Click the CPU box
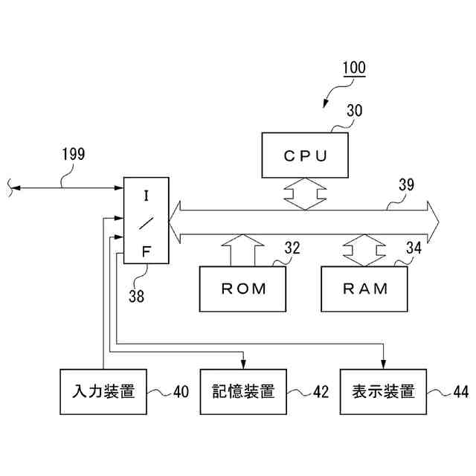[x=305, y=155]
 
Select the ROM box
[x=242, y=289]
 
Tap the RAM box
[x=364, y=289]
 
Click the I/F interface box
[x=146, y=220]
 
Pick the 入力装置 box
[x=103, y=392]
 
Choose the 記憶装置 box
[x=243, y=392]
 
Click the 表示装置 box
[x=383, y=392]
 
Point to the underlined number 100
[x=354, y=68]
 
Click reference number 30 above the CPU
[x=355, y=111]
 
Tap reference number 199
[x=74, y=154]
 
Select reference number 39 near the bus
[x=406, y=184]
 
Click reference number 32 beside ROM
[x=292, y=248]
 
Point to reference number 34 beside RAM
[x=414, y=248]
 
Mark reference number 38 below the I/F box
[x=136, y=296]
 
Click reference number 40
[x=181, y=392]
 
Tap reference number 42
[x=321, y=392]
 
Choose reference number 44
[x=461, y=392]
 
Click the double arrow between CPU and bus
[x=306, y=194]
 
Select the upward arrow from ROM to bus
[x=242, y=250]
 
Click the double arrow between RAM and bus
[x=364, y=250]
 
